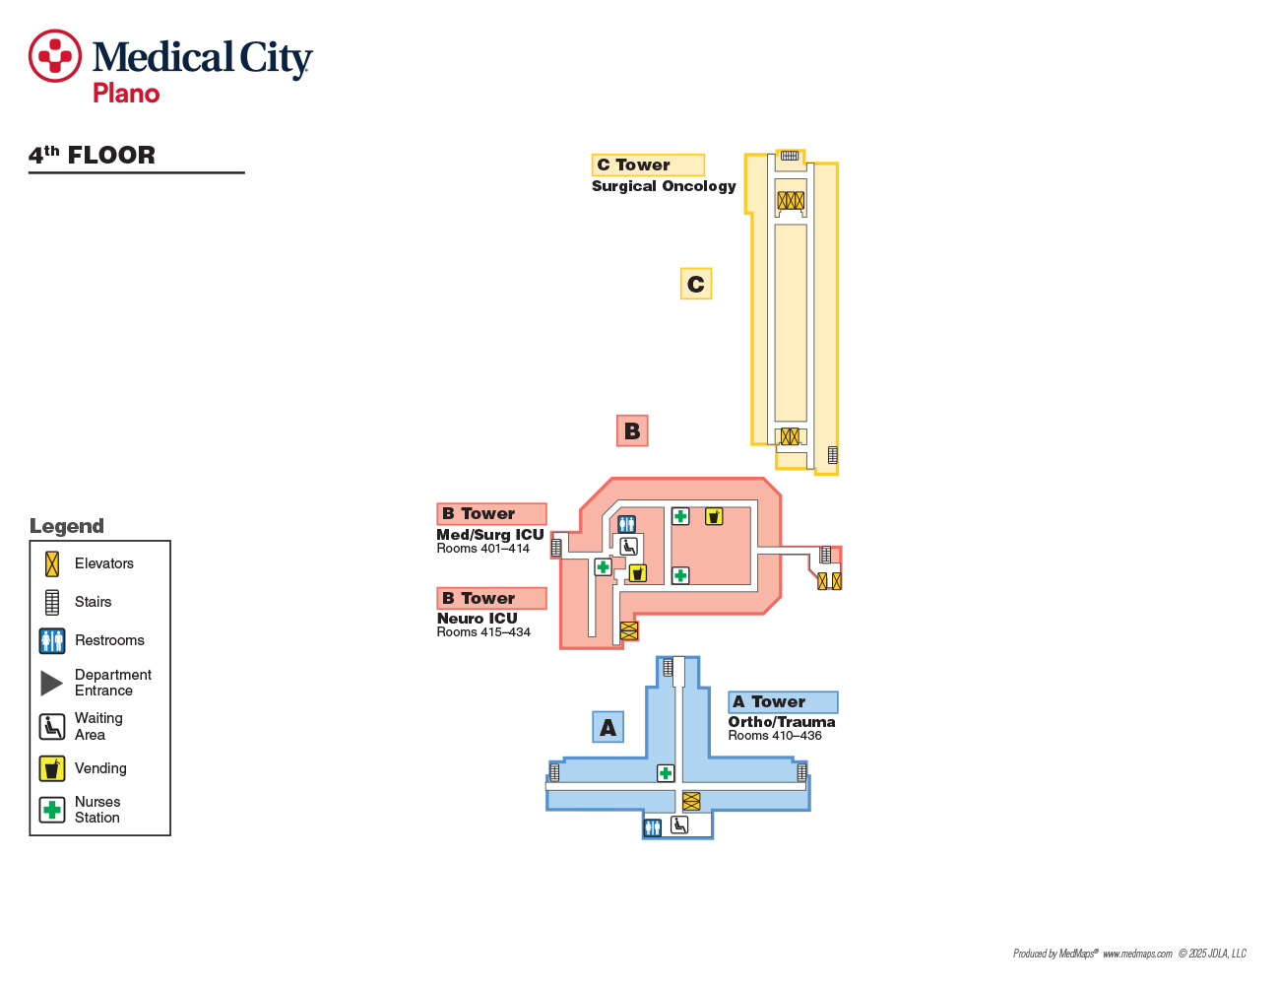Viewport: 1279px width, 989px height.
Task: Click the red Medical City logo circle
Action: [x=55, y=56]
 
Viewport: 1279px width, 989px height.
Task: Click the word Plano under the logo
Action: [x=126, y=94]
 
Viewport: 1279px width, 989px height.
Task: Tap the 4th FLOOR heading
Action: [x=92, y=155]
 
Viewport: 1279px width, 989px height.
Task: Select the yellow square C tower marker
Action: [x=696, y=284]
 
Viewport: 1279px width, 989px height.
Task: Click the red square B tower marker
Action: [x=632, y=430]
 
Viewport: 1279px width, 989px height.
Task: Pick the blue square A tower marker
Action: [x=608, y=727]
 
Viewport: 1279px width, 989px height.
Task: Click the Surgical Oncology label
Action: [x=664, y=186]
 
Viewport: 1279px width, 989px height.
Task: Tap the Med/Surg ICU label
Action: [x=489, y=535]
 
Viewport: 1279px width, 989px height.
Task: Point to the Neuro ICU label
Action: [x=477, y=619]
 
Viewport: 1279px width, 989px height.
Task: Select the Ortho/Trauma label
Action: [x=782, y=722]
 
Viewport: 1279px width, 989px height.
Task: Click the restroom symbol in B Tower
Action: [x=626, y=524]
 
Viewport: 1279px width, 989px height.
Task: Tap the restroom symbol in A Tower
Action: [x=652, y=827]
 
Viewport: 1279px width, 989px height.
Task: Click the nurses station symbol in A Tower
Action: [x=666, y=773]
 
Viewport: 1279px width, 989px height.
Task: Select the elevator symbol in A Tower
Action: [x=691, y=801]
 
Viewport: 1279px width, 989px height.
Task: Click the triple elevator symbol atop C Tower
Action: [x=791, y=201]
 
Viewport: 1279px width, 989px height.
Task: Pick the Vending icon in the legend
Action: [x=52, y=768]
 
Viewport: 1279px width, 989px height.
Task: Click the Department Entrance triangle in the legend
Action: [x=51, y=683]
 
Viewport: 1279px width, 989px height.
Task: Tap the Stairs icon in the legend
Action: [x=52, y=602]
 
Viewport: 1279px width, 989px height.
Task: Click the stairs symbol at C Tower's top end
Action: [x=790, y=156]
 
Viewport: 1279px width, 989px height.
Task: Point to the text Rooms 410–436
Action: [x=775, y=735]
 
